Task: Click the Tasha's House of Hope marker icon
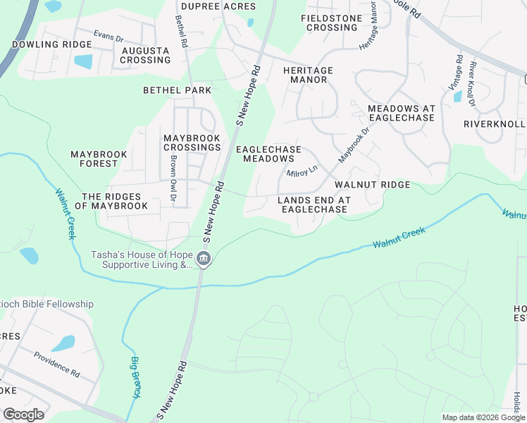click(203, 259)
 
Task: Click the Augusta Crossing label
click(145, 56)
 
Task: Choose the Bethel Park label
click(177, 90)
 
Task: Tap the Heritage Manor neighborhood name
click(305, 75)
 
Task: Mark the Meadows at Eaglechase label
click(401, 114)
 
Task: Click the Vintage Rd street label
click(459, 73)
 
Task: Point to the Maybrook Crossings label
click(192, 142)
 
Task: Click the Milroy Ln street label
click(302, 171)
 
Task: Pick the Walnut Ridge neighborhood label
click(372, 184)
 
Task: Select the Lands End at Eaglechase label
click(313, 204)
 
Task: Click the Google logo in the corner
click(24, 414)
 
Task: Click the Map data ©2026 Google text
click(483, 417)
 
